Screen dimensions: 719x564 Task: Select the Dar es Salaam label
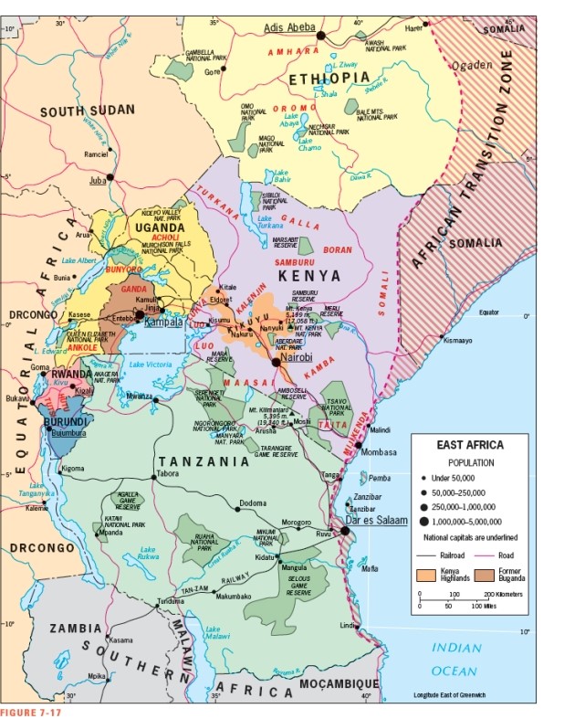[x=375, y=520]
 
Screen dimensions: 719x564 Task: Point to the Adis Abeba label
[x=289, y=26]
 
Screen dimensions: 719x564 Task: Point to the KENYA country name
[x=309, y=275]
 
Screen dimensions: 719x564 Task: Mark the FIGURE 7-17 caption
[x=31, y=712]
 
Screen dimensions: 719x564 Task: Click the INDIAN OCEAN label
[x=456, y=659]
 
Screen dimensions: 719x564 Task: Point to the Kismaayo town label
[x=457, y=342]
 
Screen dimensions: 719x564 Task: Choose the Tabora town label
[x=169, y=474]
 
